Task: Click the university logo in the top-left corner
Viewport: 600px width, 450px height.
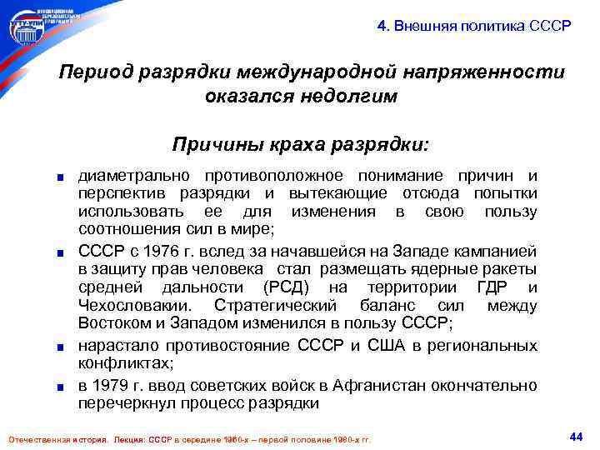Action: (41, 25)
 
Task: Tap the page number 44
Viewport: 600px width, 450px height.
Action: (574, 436)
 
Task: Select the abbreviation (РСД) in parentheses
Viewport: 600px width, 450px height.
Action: (288, 288)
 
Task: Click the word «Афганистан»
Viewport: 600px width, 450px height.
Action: (374, 386)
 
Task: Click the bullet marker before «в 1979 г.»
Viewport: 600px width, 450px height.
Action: (61, 387)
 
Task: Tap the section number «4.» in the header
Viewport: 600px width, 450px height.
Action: (382, 25)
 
